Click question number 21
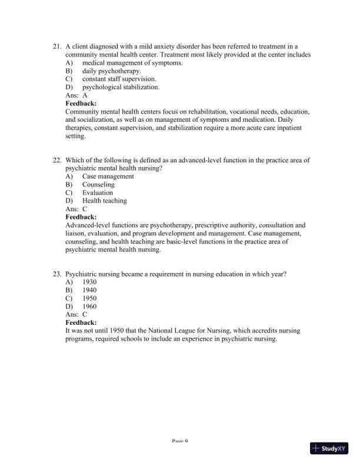click(57, 46)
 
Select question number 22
click(57, 160)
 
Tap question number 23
click(57, 274)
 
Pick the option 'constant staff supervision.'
click(119, 79)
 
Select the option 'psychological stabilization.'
click(121, 87)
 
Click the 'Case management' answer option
click(108, 176)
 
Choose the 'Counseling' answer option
click(98, 184)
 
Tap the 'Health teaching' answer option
click(104, 201)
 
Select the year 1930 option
click(89, 282)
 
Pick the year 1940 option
click(89, 290)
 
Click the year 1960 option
click(89, 307)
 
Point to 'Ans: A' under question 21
click(76, 95)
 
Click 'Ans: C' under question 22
click(76, 209)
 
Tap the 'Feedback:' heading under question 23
click(81, 322)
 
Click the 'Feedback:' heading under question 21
click(81, 103)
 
